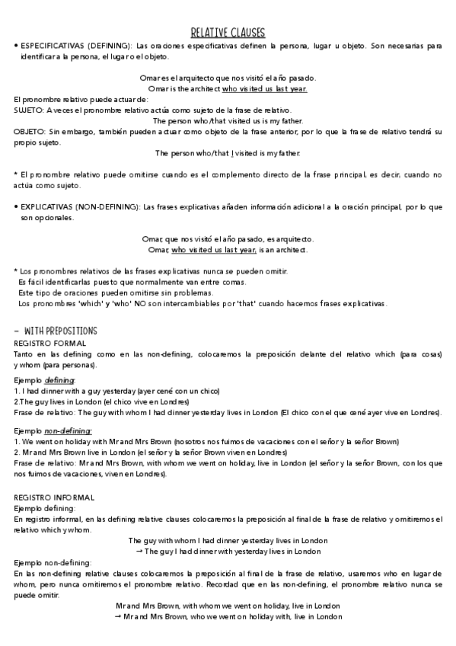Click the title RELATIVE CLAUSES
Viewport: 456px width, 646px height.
(x=228, y=32)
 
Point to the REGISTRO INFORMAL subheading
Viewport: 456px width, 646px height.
(x=54, y=476)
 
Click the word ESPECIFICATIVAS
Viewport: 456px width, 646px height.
(x=53, y=46)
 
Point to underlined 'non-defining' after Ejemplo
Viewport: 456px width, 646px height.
(x=68, y=430)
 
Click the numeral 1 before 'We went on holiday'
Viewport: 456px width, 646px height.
(x=16, y=441)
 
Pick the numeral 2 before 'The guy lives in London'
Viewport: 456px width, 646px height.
(x=16, y=401)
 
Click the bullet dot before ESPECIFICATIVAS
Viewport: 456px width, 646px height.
(x=16, y=46)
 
